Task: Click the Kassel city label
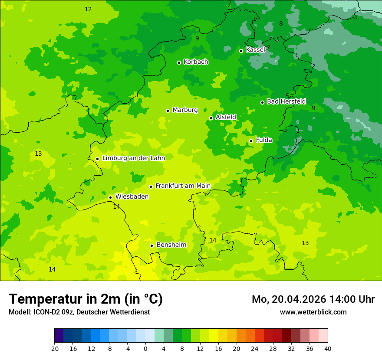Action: point(255,50)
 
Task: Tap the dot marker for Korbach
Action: point(179,62)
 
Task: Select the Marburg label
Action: point(185,110)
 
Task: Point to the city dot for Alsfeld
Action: point(211,118)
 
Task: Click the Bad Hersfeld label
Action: point(286,101)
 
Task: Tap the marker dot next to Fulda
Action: point(251,141)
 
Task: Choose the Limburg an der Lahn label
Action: point(133,158)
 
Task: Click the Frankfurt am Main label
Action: point(183,186)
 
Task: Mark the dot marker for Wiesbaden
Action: point(111,197)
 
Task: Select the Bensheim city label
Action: point(171,245)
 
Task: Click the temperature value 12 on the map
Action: point(88,9)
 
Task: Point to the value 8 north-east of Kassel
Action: point(281,23)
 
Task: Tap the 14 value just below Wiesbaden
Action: point(116,206)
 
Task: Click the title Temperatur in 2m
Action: point(86,299)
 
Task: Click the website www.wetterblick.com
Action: point(313,312)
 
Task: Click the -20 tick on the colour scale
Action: point(54,348)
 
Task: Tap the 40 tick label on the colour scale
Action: point(328,348)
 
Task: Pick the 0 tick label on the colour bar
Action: point(145,348)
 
